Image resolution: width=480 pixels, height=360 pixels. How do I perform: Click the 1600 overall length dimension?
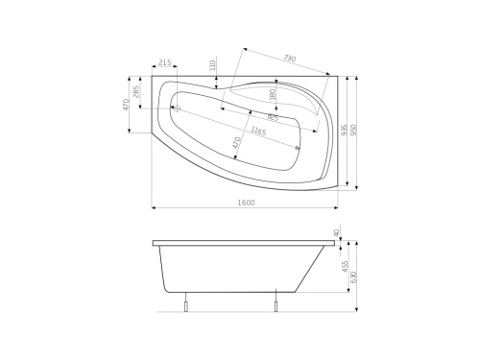(x=245, y=203)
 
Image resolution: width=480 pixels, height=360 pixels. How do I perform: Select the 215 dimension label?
(x=164, y=62)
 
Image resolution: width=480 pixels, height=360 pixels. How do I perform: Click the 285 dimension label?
(x=137, y=92)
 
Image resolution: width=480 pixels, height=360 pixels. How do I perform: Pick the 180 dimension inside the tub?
(x=273, y=95)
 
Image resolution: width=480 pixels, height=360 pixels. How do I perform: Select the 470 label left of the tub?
(x=126, y=103)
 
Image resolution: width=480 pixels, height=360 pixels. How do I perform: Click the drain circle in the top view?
(x=176, y=108)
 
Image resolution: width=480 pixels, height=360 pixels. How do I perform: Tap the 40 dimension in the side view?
(x=336, y=232)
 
